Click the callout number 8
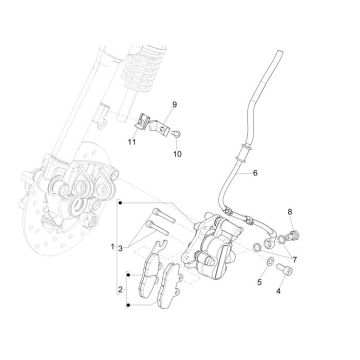pyautogui.click(x=291, y=214)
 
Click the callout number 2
pyautogui.click(x=121, y=290)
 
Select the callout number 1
pyautogui.click(x=113, y=246)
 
